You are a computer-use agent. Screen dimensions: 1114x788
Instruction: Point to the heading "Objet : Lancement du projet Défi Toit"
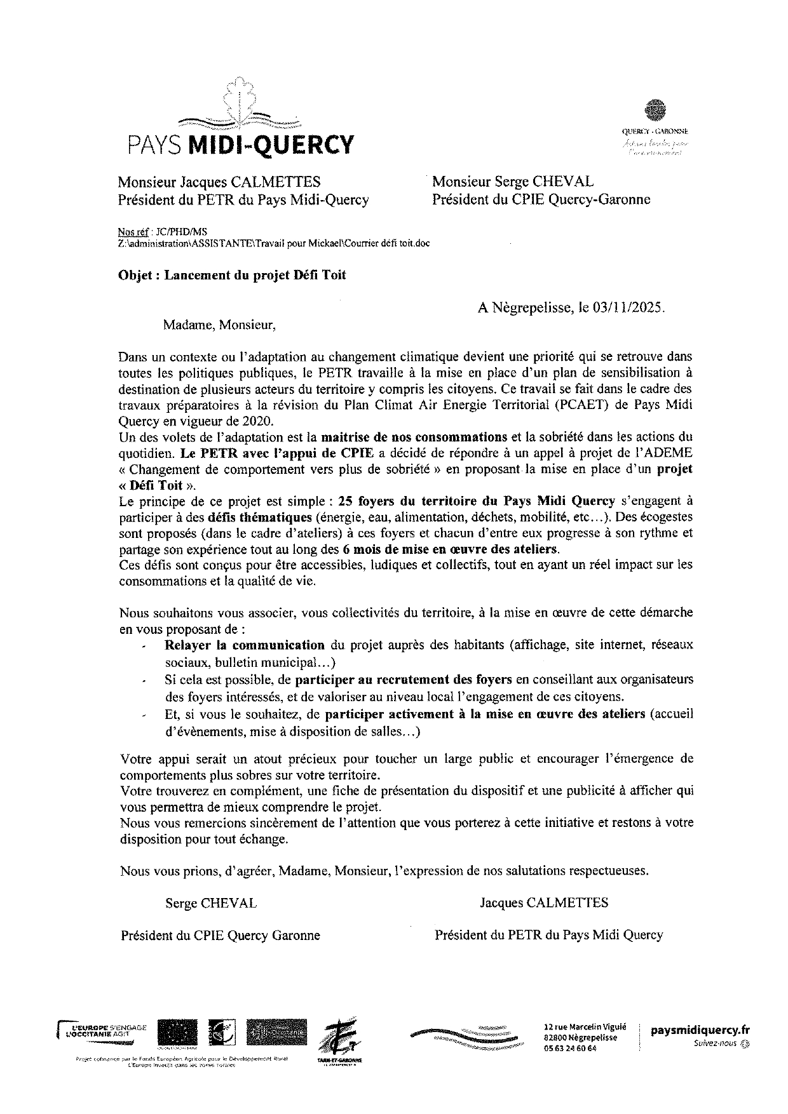pyautogui.click(x=232, y=275)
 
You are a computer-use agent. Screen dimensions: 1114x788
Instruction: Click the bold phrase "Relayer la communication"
pyautogui.click(x=245, y=645)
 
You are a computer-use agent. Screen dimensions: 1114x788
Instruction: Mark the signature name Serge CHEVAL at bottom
pyautogui.click(x=211, y=903)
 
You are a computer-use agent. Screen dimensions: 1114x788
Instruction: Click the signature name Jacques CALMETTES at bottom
pyautogui.click(x=544, y=903)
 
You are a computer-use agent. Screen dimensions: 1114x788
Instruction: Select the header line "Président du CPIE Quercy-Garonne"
pyautogui.click(x=541, y=199)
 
